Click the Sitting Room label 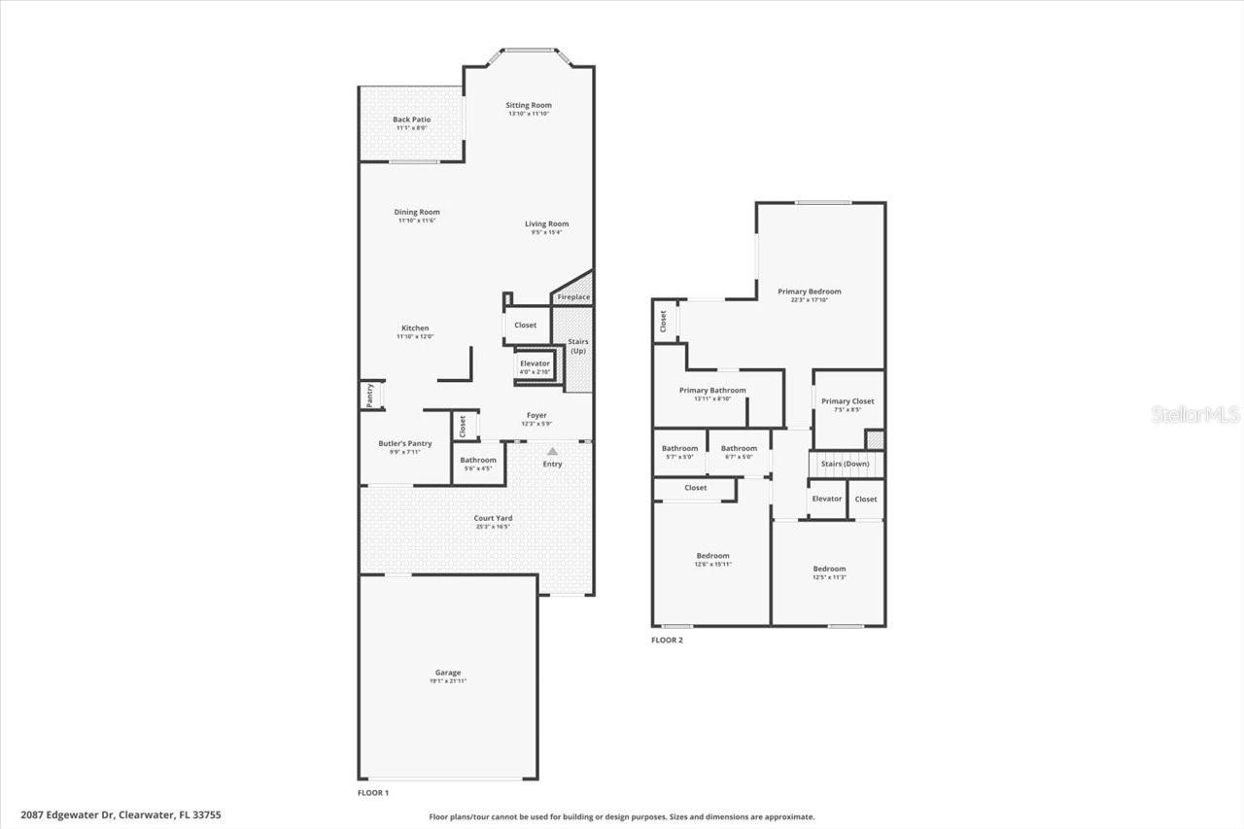click(529, 105)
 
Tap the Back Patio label click(412, 120)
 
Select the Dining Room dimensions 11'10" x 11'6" click(417, 221)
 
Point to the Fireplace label click(573, 297)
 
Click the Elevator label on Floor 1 click(535, 363)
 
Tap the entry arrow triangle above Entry click(552, 451)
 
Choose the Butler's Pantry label click(405, 443)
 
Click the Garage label click(448, 673)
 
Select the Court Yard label click(493, 518)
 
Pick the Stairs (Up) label click(578, 346)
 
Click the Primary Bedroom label click(810, 292)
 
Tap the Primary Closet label click(847, 401)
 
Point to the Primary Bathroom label click(712, 391)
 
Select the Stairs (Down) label click(846, 464)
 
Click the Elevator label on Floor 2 click(827, 499)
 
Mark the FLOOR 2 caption click(667, 640)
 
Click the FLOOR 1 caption click(373, 793)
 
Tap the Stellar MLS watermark click(1195, 415)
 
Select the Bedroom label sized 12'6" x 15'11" click(712, 556)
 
